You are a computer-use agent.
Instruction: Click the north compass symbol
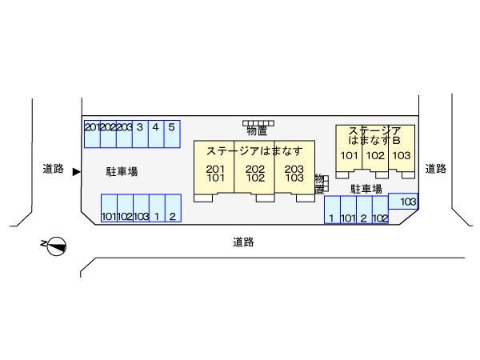56,246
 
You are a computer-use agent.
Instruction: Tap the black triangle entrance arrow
76,170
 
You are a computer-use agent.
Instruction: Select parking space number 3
140,133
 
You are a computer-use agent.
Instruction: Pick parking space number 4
155,133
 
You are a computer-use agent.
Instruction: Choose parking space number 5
171,133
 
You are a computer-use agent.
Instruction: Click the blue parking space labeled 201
92,133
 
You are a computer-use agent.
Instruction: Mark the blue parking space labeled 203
124,133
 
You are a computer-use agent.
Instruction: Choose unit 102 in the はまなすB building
375,155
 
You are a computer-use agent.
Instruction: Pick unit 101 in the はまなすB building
349,155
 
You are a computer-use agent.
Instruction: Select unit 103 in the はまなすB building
401,155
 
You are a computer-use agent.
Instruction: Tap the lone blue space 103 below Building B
408,202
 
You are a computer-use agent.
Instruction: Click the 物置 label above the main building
257,130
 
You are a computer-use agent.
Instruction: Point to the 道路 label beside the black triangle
53,169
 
